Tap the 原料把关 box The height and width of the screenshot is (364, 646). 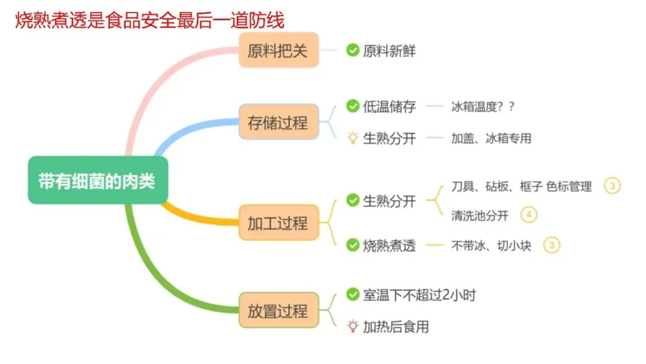(278, 50)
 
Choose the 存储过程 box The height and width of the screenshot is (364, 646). (278, 123)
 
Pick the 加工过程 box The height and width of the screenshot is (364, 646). (278, 223)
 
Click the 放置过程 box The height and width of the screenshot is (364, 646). (278, 311)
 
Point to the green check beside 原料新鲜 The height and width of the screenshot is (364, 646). (353, 50)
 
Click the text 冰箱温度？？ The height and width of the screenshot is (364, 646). (483, 107)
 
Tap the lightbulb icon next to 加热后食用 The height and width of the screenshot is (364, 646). (353, 326)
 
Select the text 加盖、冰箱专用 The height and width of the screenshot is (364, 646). (491, 138)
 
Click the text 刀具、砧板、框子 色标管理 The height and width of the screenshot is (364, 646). (522, 186)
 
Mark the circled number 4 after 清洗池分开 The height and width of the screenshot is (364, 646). (529, 214)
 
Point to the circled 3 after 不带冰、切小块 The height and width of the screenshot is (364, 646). (551, 245)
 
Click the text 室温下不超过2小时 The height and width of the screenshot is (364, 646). (419, 295)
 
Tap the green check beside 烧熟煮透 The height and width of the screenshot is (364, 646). (353, 245)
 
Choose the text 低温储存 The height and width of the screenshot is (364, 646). (389, 107)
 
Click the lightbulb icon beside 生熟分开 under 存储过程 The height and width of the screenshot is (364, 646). (353, 138)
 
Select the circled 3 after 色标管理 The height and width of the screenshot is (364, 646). (612, 186)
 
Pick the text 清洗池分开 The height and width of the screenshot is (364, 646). (480, 215)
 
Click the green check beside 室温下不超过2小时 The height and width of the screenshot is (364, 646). (353, 295)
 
